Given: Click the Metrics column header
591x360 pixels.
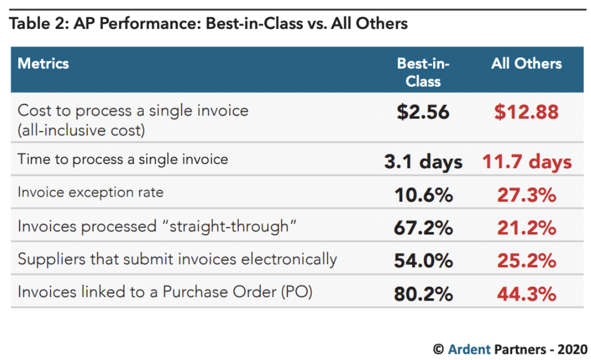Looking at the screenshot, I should point(43,63).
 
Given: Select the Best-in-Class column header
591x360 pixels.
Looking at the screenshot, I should point(423,72).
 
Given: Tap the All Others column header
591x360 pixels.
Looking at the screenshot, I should point(526,63).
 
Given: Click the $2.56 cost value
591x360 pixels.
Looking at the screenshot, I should point(423,112).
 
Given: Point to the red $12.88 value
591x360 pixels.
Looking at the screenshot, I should point(526,112).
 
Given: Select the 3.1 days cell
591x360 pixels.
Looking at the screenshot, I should point(423,162).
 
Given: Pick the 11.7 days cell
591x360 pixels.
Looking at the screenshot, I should point(527,162).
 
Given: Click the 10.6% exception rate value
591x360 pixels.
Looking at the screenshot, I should point(423,195).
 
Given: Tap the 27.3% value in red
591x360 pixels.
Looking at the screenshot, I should point(526,195).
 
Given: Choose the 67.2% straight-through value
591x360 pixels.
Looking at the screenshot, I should point(423,228).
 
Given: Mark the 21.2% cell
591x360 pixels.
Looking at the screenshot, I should point(526,228).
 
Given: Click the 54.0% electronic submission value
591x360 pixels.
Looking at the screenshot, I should point(423,261).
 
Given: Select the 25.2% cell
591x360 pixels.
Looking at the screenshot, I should point(526,261).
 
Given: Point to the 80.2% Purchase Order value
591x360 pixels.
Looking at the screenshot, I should point(423,293).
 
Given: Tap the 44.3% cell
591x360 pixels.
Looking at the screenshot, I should point(526,293).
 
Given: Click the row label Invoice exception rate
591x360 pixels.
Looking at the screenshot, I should point(91,192).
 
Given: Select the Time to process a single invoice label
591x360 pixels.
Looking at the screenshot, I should point(123,159).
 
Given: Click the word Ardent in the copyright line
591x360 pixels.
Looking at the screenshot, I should point(469,349).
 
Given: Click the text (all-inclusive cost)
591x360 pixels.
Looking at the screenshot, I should point(81,131).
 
